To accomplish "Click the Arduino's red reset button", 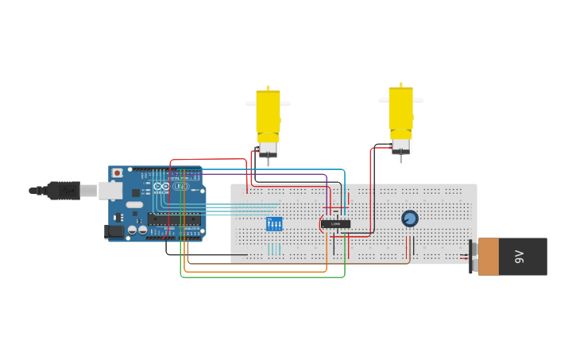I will (118, 172).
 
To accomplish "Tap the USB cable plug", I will (64, 191).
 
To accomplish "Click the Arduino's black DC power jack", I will (114, 231).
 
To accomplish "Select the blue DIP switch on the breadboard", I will (274, 224).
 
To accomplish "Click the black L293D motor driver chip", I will (336, 224).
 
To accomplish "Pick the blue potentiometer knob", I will (410, 219).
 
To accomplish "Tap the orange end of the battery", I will (489, 257).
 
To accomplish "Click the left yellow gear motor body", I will (268, 115).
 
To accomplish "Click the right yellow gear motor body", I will (400, 111).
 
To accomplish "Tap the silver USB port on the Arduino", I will (110, 191).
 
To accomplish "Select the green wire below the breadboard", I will (262, 277).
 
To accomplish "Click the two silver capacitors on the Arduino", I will (137, 230).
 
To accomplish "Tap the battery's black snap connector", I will (473, 257).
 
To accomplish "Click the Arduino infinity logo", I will (161, 187).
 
